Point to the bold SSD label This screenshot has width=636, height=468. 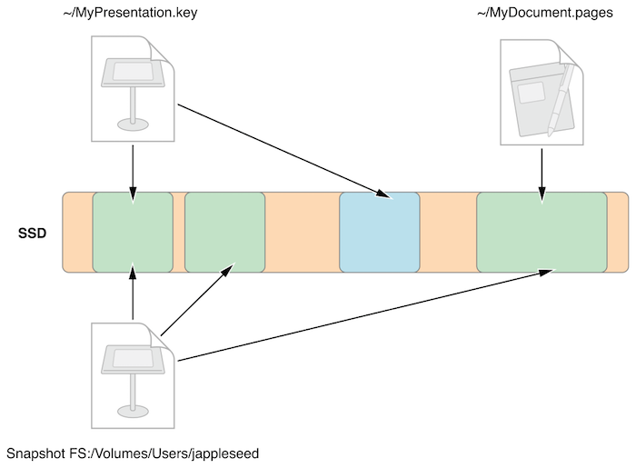point(32,233)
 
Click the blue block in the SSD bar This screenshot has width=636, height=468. point(380,232)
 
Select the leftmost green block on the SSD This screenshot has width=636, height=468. point(133,232)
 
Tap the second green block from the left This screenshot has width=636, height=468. point(224,232)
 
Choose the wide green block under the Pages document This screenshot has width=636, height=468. point(542,232)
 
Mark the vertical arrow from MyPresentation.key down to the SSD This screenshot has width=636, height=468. point(134,168)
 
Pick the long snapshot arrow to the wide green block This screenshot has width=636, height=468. point(363,315)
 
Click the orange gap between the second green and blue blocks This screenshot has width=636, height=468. point(302,232)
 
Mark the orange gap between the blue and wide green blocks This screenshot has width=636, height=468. point(448,232)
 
